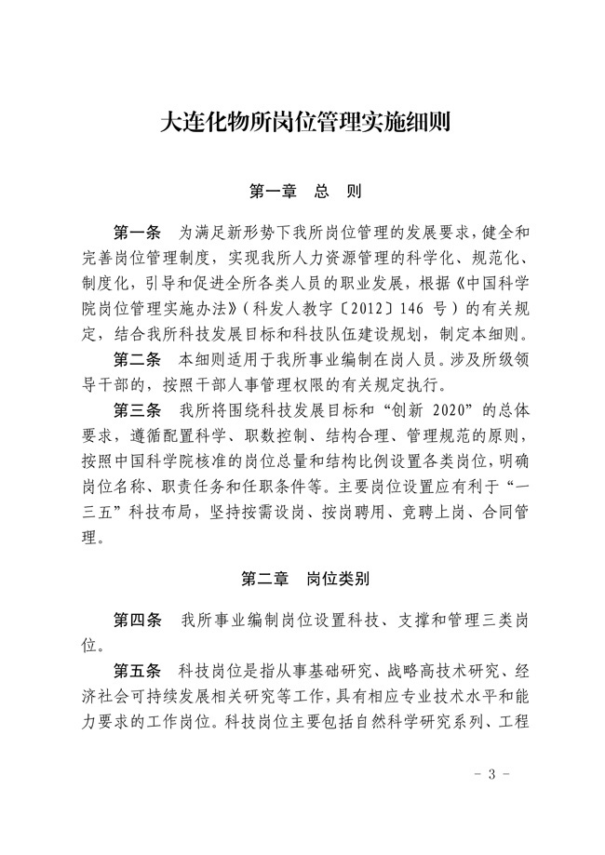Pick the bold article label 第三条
coord(137,408)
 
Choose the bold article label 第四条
coord(137,619)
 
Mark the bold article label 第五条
coord(137,670)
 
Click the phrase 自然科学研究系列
coord(415,721)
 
